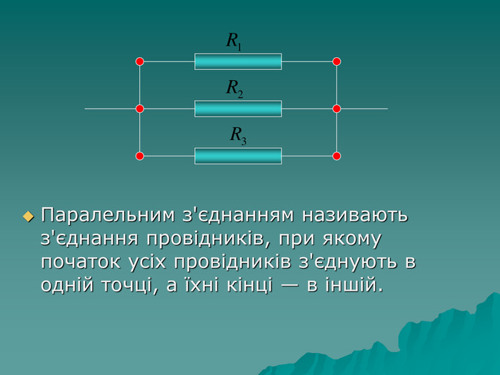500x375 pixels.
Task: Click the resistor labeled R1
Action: (238, 61)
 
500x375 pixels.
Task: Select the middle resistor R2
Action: (238, 109)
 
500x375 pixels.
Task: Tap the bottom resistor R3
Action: (238, 156)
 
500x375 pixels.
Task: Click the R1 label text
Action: (234, 41)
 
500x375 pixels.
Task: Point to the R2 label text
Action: (235, 89)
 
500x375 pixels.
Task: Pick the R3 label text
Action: (239, 136)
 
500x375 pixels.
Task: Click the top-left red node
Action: (140, 61)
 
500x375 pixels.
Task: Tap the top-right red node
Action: (336, 61)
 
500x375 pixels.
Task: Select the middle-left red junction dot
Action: (140, 109)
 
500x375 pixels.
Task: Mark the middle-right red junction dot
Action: (336, 109)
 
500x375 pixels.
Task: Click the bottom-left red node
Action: (140, 156)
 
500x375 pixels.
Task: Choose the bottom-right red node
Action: (336, 156)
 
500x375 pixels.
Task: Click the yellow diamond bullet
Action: (29, 217)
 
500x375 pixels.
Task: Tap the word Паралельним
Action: (108, 215)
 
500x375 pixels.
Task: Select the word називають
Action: (355, 215)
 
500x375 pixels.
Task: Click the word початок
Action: (81, 262)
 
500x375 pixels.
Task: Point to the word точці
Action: (130, 286)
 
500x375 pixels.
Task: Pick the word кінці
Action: (250, 285)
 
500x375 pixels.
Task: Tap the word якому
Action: (351, 239)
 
